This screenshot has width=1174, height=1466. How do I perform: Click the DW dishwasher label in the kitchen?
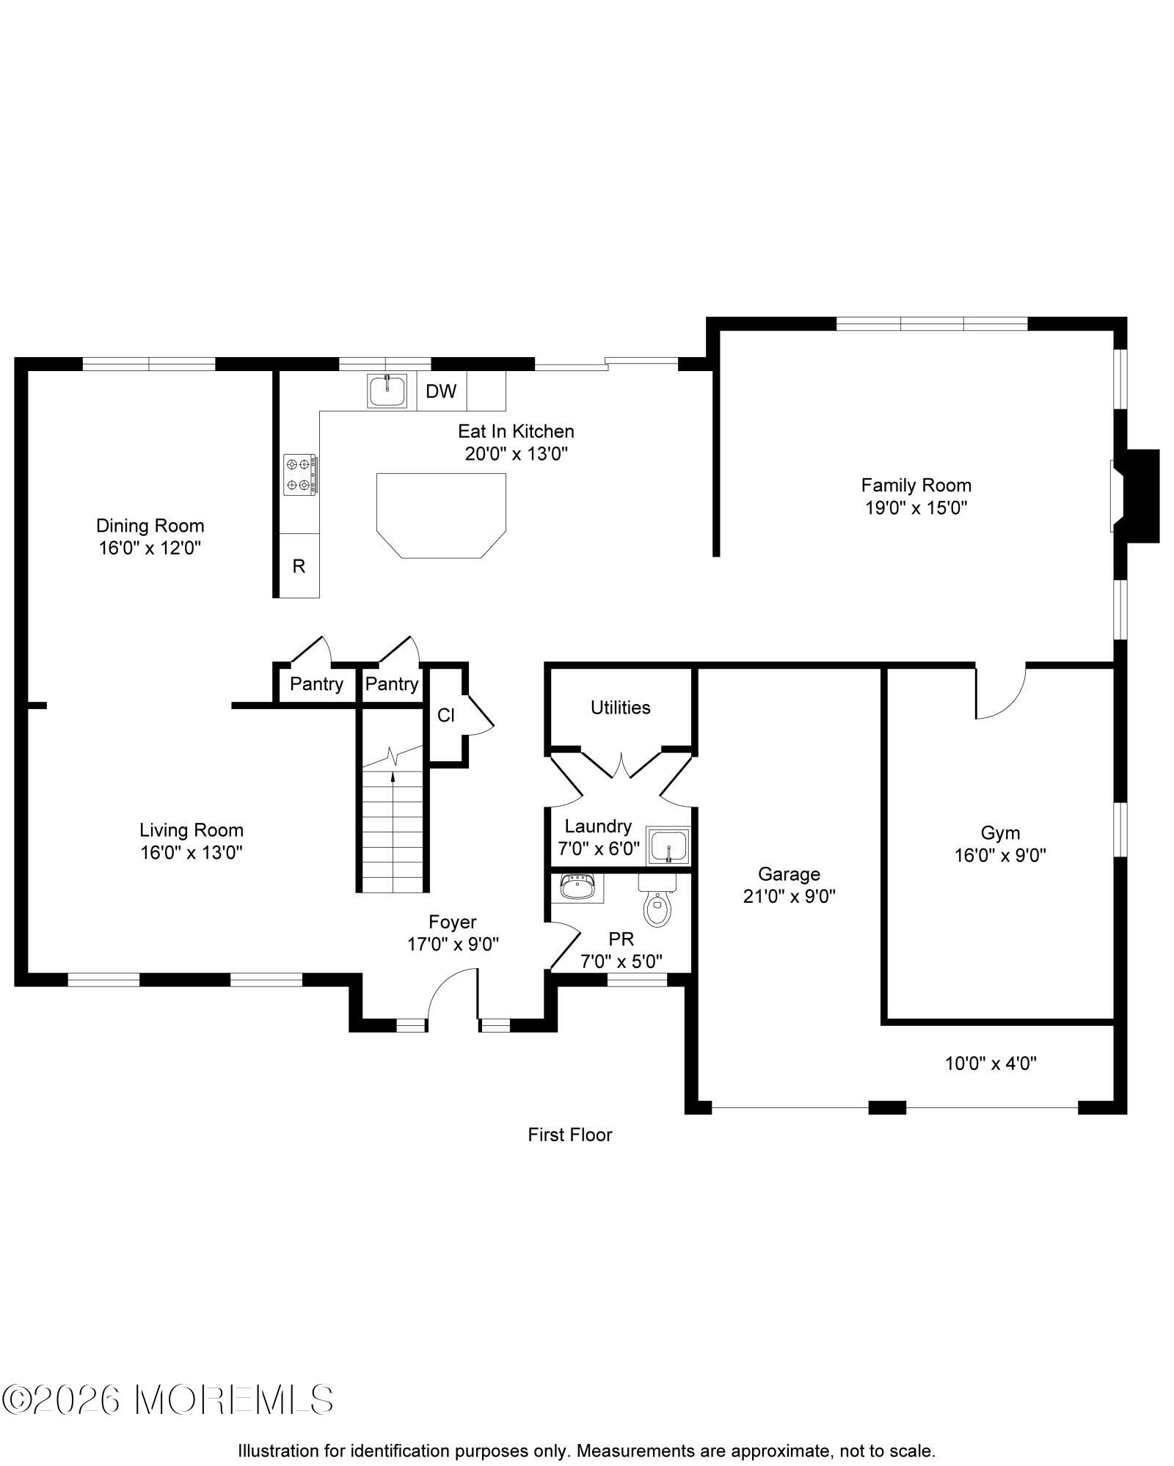coord(441,392)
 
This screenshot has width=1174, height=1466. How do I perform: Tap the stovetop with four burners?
coord(300,474)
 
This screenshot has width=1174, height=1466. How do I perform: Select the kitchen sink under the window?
coord(387,391)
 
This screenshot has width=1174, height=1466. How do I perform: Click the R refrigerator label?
coord(299,566)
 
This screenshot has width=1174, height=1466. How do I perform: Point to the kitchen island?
coord(441,515)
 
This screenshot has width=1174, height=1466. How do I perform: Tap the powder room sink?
coord(577,888)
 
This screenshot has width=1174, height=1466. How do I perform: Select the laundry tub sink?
coord(668,846)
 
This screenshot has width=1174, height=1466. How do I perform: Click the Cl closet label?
coord(446,715)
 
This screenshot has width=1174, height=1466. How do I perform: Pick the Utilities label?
coord(621,708)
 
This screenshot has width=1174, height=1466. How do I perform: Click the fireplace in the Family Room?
coord(1135,496)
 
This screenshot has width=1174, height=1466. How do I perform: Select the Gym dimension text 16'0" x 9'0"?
coord(1000,855)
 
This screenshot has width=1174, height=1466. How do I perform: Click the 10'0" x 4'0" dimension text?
coord(991,1063)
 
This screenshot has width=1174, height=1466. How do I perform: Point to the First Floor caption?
coord(570,1135)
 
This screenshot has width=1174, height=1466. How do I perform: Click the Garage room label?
coord(789,874)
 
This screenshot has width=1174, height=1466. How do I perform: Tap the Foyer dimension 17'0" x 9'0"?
coord(453,945)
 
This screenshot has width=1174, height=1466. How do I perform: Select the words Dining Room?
coord(150,526)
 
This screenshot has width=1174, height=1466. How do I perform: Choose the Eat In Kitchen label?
coord(516,431)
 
